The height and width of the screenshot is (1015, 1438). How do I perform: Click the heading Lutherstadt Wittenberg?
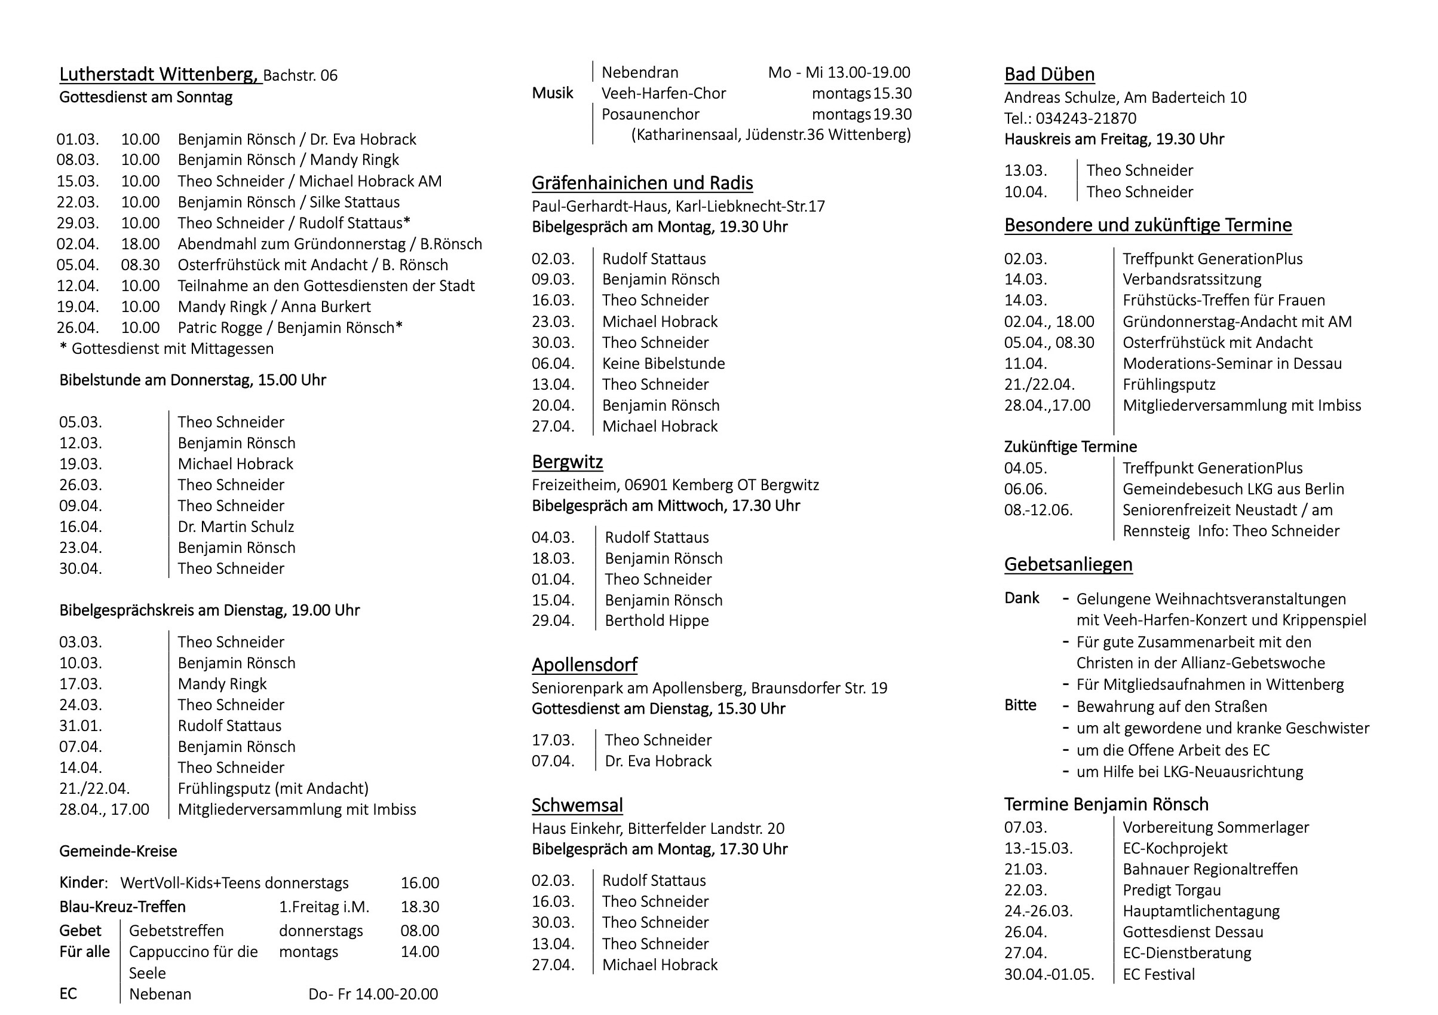[x=158, y=75]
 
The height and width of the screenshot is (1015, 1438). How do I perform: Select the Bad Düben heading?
[x=1049, y=75]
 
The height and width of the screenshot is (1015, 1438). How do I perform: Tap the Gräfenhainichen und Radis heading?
[x=642, y=183]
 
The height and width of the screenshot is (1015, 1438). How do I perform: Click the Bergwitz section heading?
[x=567, y=461]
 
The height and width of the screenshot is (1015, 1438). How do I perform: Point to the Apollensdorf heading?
[x=584, y=665]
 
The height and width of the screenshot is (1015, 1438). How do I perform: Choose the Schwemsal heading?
[x=577, y=805]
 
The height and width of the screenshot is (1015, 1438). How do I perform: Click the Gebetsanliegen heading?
[x=1068, y=564]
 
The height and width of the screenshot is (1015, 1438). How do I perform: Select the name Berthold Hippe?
[x=657, y=621]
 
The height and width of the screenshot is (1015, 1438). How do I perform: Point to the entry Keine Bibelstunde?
[x=663, y=363]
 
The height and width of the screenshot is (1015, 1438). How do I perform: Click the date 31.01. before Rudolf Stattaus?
[x=80, y=726]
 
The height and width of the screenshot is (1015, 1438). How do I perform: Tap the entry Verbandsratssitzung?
[x=1191, y=279]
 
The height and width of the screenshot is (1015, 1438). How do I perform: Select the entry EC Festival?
[x=1158, y=974]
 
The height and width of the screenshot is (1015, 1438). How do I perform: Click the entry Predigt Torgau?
[x=1171, y=890]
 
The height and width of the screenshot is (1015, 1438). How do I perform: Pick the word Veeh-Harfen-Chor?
[x=663, y=93]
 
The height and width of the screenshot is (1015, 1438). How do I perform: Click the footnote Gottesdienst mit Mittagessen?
[x=172, y=348]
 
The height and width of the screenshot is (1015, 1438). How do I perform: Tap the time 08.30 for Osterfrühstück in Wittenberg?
[x=140, y=265]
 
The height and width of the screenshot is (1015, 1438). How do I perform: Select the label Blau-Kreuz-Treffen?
[x=122, y=907]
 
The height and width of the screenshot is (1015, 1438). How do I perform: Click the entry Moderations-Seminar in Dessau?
[x=1231, y=363]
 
